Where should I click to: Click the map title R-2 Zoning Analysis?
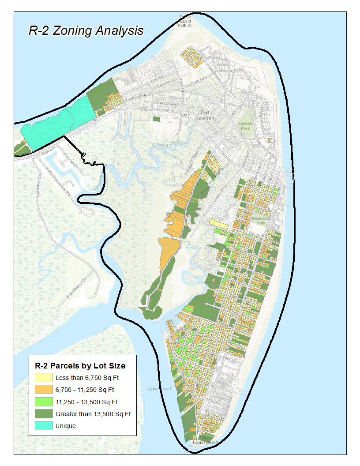[x=86, y=30]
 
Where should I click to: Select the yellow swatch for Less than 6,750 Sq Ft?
[x=43, y=378]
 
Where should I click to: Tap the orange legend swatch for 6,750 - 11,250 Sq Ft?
[x=43, y=390]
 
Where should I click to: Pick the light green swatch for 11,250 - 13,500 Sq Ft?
[x=43, y=402]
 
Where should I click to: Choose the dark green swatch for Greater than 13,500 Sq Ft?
[x=43, y=414]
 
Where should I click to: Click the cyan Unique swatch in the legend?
[x=43, y=426]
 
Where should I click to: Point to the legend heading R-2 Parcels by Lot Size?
[x=80, y=366]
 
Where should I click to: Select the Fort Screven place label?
[x=205, y=115]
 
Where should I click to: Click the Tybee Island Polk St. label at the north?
[x=186, y=21]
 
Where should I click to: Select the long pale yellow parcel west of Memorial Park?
[x=218, y=225]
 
